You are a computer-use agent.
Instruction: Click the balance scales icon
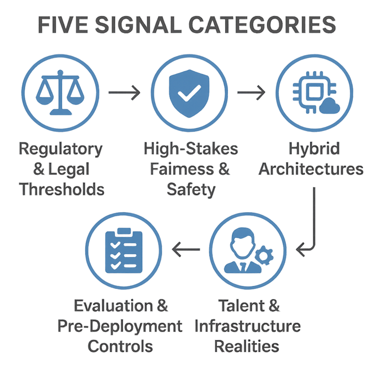coord(60,94)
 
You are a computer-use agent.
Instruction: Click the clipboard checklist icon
coord(124,251)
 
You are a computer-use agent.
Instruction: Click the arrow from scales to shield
coord(124,92)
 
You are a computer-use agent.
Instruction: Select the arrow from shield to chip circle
coord(251,92)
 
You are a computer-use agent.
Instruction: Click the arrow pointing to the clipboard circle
coord(186,249)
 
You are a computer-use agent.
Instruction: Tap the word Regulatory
coord(61,150)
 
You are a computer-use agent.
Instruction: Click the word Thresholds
coord(62,189)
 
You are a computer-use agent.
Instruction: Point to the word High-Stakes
coord(191,149)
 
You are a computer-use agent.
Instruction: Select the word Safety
coord(191,190)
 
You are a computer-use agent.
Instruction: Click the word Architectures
coord(311,169)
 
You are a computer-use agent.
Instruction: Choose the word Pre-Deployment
coord(120,326)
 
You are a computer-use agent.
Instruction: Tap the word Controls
coord(120,346)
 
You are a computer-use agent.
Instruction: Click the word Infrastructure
coord(248,326)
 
